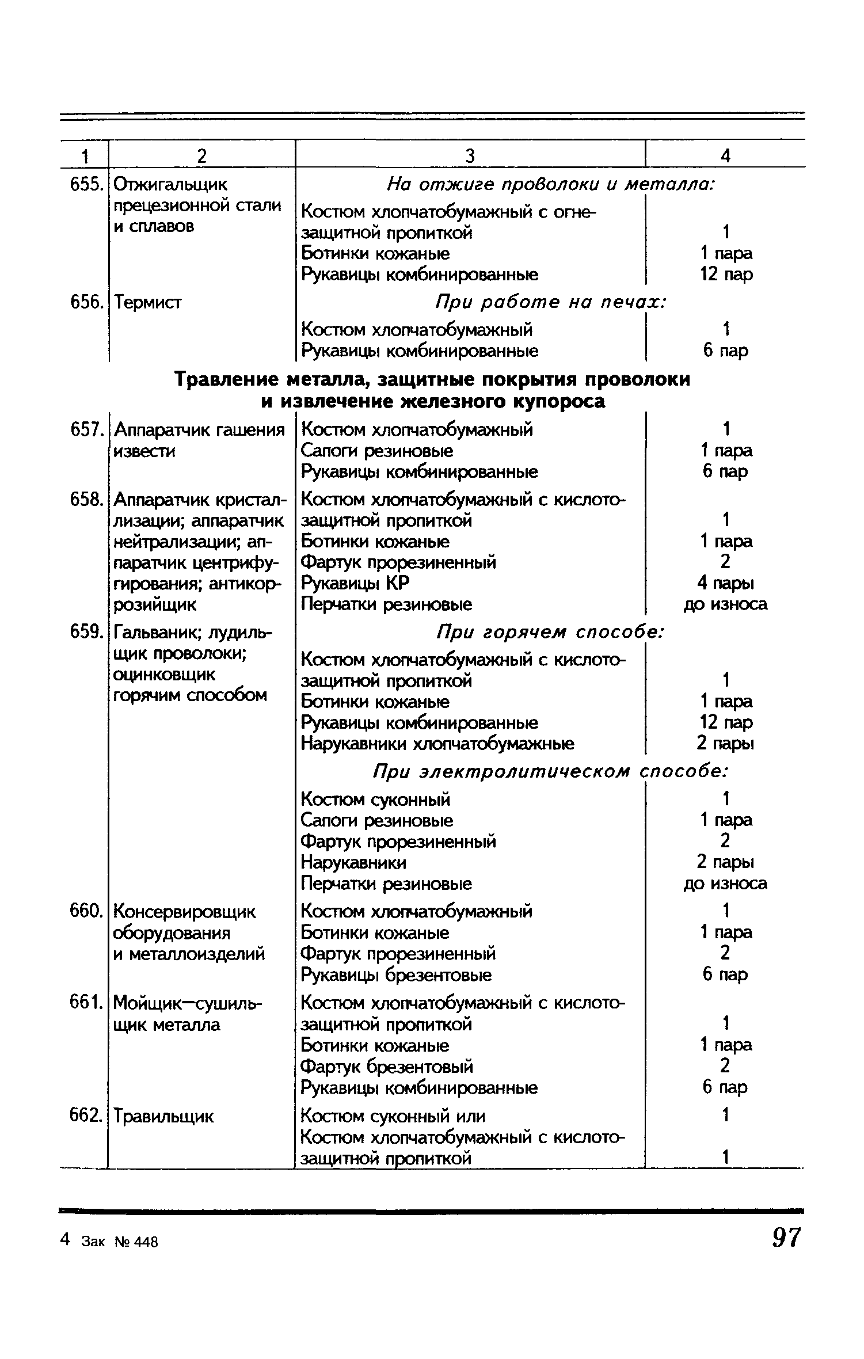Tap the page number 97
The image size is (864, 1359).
pyautogui.click(x=786, y=1237)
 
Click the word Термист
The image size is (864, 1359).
pyautogui.click(x=148, y=302)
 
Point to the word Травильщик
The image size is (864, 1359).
pyautogui.click(x=164, y=1117)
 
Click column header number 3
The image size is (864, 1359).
pyautogui.click(x=470, y=155)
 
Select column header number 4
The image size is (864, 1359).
pyautogui.click(x=726, y=155)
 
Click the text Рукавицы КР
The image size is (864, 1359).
pyautogui.click(x=356, y=583)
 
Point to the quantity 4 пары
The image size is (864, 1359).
pyautogui.click(x=725, y=583)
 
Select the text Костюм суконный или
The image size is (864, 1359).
pyautogui.click(x=393, y=1116)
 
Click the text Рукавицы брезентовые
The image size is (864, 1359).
pyautogui.click(x=397, y=974)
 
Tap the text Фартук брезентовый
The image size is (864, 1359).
pyautogui.click(x=387, y=1066)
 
